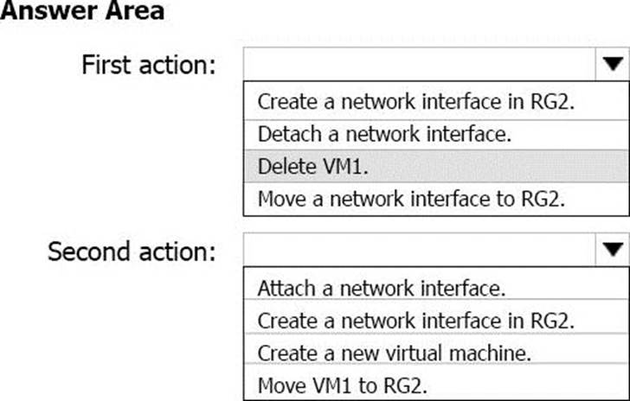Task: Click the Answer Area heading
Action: pyautogui.click(x=82, y=10)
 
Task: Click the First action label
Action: pyautogui.click(x=149, y=65)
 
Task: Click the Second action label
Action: pyautogui.click(x=132, y=251)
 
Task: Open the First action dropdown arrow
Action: pyautogui.click(x=613, y=64)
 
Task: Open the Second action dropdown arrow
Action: pyautogui.click(x=613, y=250)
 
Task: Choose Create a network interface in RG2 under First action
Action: pyautogui.click(x=416, y=102)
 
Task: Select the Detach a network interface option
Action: pyautogui.click(x=384, y=134)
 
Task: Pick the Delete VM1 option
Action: pyautogui.click(x=313, y=166)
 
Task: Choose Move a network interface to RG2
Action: pyautogui.click(x=411, y=199)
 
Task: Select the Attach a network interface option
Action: pyautogui.click(x=382, y=288)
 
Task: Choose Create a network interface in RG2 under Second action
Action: pyautogui.click(x=416, y=321)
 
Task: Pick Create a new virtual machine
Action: pyautogui.click(x=395, y=353)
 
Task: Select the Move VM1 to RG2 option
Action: pyautogui.click(x=343, y=385)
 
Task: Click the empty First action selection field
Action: pyautogui.click(x=419, y=64)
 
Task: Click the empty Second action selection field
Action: pyautogui.click(x=419, y=250)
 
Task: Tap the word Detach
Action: pyautogui.click(x=289, y=134)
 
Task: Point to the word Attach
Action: pyautogui.click(x=286, y=288)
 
